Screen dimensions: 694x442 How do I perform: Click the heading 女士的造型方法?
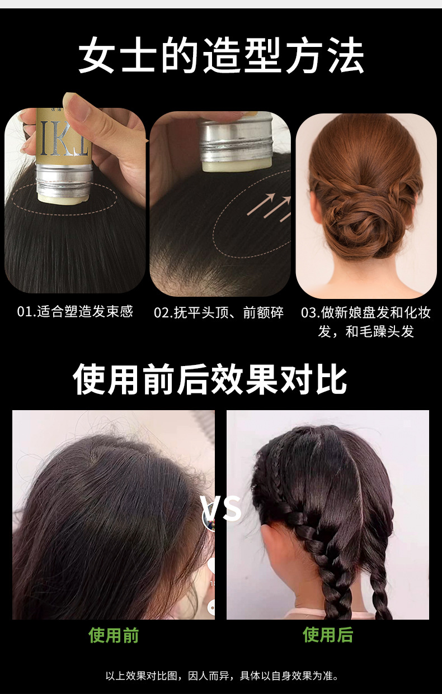[x=221, y=56]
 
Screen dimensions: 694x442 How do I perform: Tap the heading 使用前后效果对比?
[x=210, y=379]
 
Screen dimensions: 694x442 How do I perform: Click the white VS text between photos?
[x=222, y=508]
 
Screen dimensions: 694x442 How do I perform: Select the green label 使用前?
[x=114, y=635]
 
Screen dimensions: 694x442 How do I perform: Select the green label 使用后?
[x=328, y=635]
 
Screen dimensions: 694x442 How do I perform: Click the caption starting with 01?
[x=75, y=312]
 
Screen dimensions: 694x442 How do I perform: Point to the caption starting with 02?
[x=219, y=312]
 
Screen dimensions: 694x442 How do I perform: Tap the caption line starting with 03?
[x=366, y=312]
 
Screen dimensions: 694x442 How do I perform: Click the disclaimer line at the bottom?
[x=222, y=676]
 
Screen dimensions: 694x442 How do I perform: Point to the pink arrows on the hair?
[x=270, y=204]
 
